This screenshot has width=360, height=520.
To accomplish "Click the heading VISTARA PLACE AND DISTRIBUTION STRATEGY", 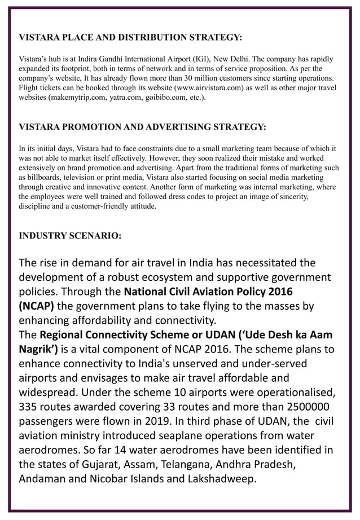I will pyautogui.click(x=130, y=38).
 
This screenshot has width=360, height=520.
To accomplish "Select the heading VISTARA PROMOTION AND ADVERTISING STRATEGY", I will pyautogui.click(x=142, y=126).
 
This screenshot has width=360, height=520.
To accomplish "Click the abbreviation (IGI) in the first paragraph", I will pyautogui.click(x=168, y=59).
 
